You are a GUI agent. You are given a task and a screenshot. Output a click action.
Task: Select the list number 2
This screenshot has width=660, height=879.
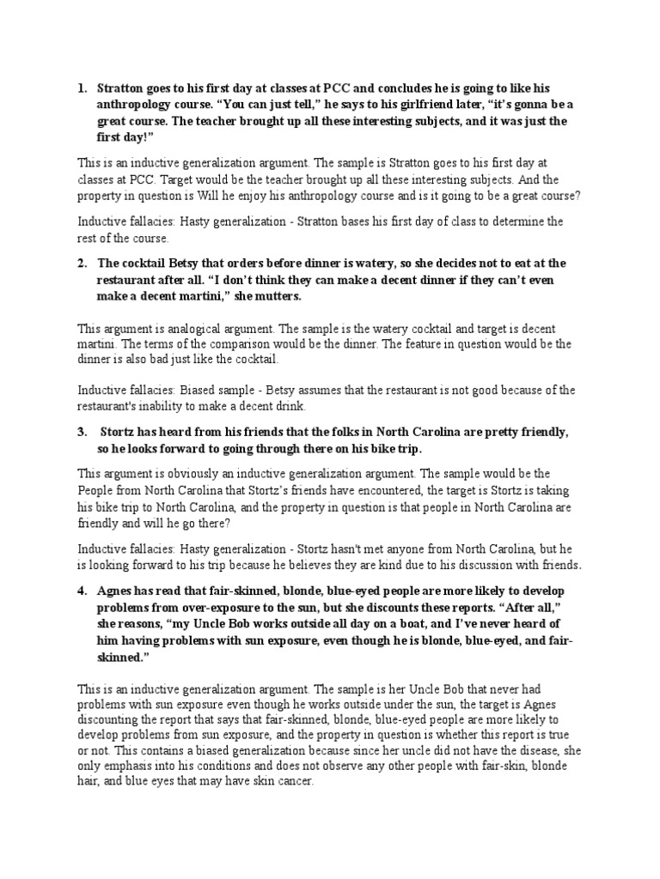click(x=81, y=263)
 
